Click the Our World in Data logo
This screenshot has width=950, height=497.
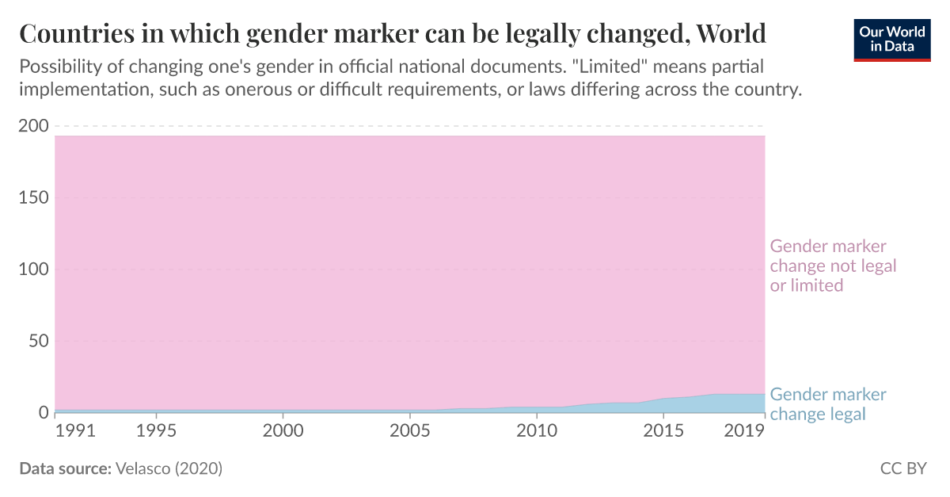pos(892,38)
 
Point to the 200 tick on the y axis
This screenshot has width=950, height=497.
pos(35,126)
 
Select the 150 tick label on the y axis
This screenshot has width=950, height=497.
pos(35,197)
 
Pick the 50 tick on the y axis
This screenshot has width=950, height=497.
pos(39,341)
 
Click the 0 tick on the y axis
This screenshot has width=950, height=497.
pos(44,412)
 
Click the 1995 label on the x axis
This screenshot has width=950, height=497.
pos(156,431)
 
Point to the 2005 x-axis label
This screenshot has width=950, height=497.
pos(409,431)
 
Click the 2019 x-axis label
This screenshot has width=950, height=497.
pos(745,431)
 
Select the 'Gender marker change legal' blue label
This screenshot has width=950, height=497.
pos(827,404)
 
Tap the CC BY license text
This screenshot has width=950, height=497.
pos(902,468)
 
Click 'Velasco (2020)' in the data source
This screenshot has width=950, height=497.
pos(169,468)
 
